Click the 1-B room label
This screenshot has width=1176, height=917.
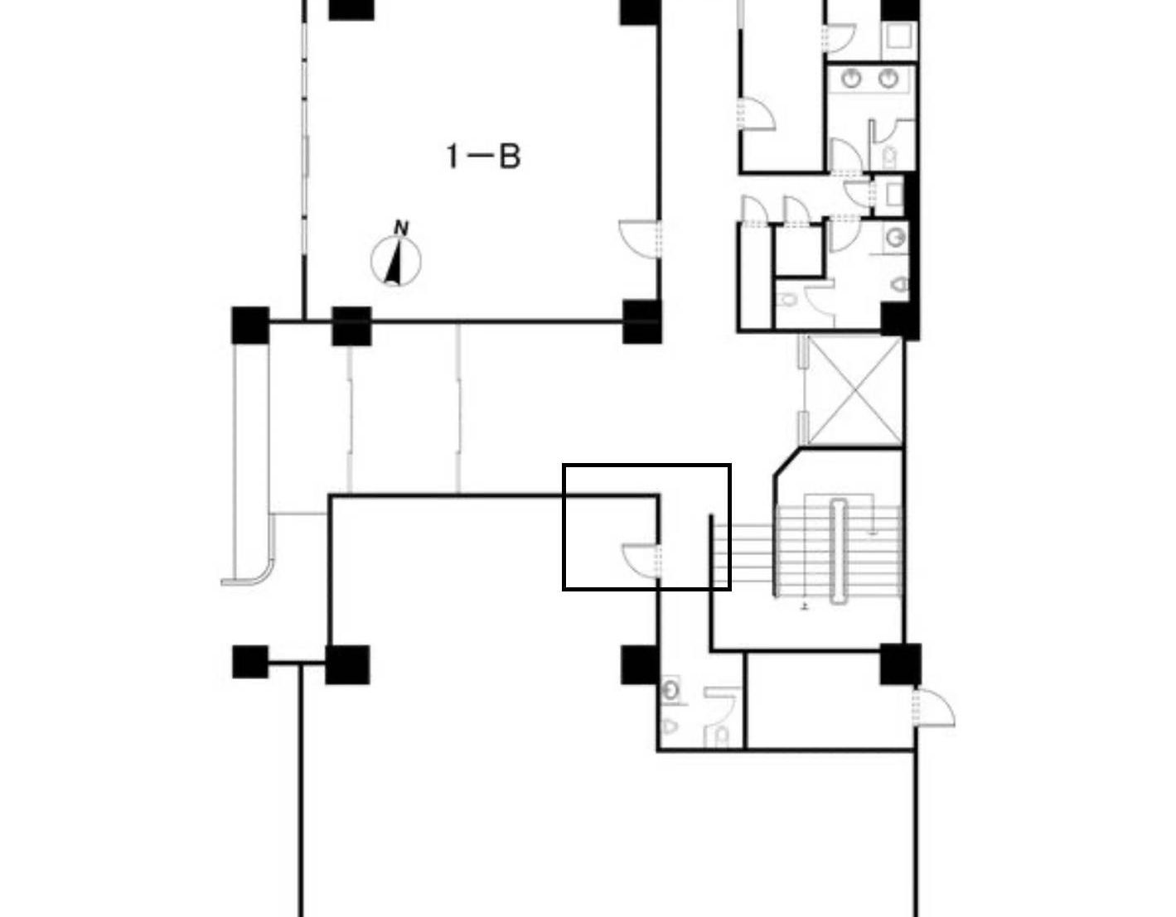[483, 157]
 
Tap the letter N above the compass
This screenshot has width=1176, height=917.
[401, 228]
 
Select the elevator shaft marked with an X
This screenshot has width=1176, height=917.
[854, 391]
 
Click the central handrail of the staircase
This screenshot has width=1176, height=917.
[839, 552]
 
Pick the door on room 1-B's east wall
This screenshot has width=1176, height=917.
[641, 239]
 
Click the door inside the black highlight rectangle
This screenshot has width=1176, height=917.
[641, 561]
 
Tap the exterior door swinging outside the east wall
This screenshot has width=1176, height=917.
[933, 707]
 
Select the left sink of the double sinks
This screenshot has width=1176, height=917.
[851, 79]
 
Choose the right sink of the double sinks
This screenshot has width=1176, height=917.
[888, 79]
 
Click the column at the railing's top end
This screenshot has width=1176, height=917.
[250, 325]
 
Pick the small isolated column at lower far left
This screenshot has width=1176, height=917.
[250, 661]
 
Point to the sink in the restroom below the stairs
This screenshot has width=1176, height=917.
[671, 691]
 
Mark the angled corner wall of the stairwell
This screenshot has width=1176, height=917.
[786, 462]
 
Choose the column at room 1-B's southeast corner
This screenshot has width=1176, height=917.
[641, 321]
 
